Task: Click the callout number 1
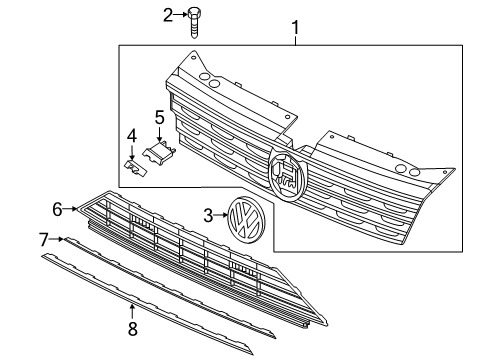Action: [296, 28]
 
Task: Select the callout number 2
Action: [168, 15]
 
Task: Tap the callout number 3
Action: [208, 216]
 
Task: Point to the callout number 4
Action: [132, 136]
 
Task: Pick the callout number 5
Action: [160, 117]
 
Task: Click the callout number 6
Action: [57, 210]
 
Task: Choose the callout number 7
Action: [44, 240]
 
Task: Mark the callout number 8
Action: [133, 329]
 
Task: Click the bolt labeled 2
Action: [194, 23]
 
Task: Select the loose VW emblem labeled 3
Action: [246, 220]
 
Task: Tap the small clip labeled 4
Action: [136, 167]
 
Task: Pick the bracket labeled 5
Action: [159, 153]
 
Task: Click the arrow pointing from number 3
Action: [220, 215]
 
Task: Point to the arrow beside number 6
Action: [70, 209]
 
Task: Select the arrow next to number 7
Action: [56, 239]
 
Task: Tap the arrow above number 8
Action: [132, 313]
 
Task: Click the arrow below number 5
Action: [159, 133]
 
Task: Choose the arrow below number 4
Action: [132, 151]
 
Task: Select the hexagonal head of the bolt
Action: [194, 13]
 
